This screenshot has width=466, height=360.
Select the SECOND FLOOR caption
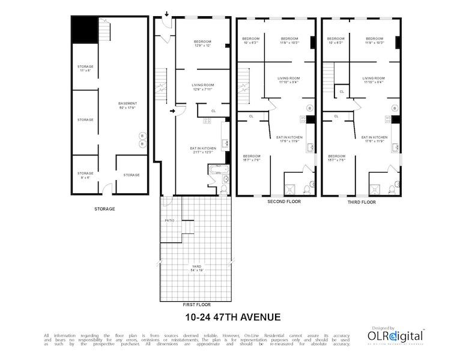pos(283,202)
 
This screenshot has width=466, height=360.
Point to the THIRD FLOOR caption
pos(362,202)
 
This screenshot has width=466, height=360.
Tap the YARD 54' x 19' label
pos(196,268)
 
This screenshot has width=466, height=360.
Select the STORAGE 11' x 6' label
pos(85,68)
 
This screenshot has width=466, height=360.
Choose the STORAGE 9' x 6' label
pos(85,175)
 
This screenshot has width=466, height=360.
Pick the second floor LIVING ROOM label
pos(288,80)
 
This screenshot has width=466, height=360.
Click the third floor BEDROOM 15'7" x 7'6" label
pos(337,157)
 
